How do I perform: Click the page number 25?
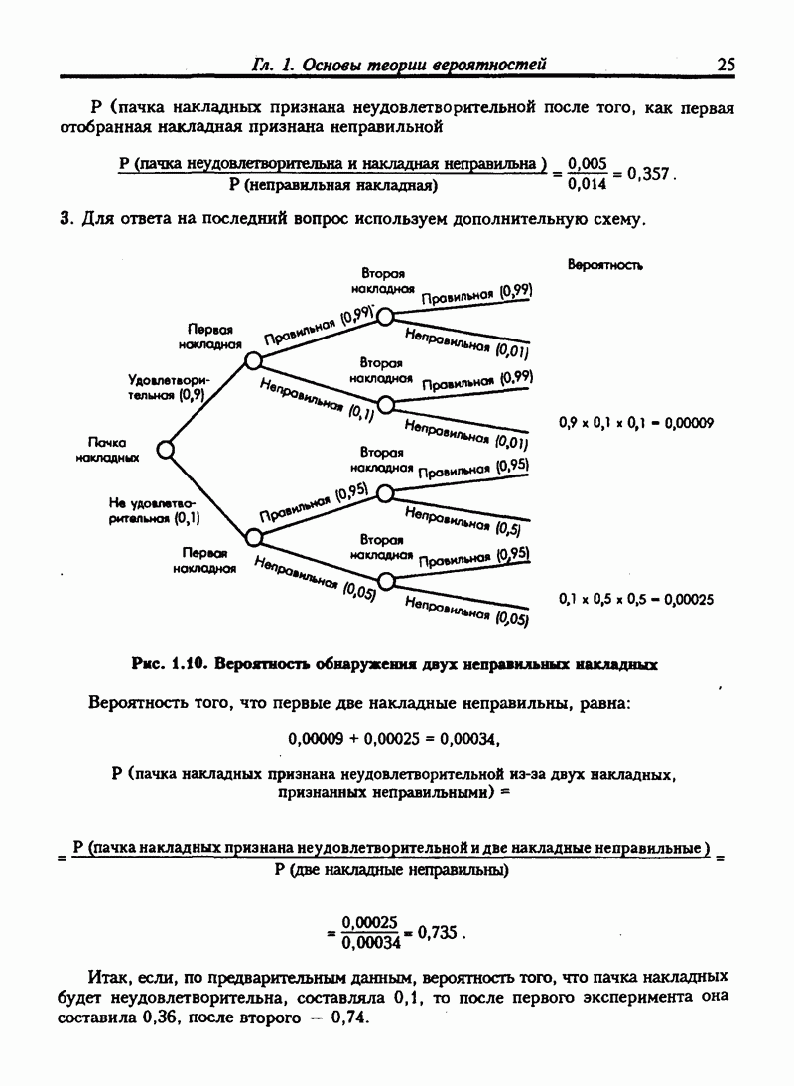(725, 65)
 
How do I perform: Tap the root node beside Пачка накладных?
(167, 450)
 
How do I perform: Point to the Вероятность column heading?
(604, 265)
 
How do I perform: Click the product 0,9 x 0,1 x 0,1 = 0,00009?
(635, 422)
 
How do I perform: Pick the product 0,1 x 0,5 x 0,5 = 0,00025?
(635, 599)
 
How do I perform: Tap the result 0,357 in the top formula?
(649, 173)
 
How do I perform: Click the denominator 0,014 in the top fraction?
(587, 184)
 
